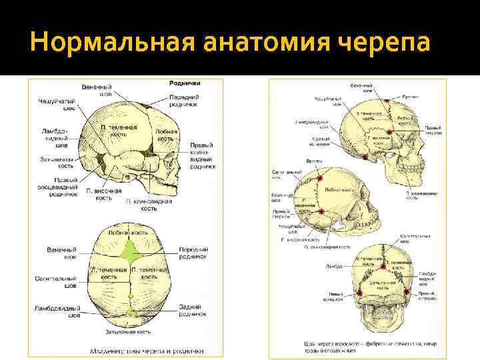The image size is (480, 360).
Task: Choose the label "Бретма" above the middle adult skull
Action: [312, 161]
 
